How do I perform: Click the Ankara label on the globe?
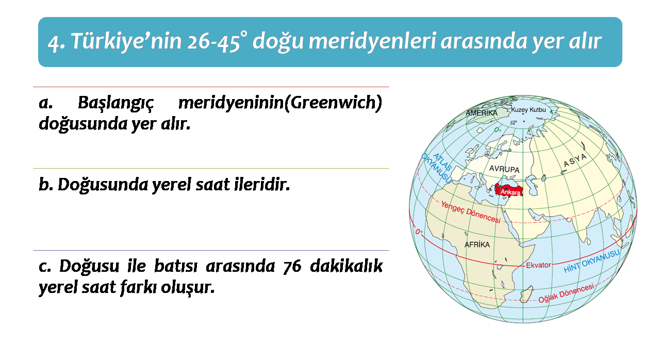[510, 192]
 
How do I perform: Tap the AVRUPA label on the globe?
[504, 169]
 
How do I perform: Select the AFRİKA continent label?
[477, 244]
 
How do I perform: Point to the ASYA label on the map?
[575, 160]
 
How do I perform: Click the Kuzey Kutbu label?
[529, 110]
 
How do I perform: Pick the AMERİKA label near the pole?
[482, 113]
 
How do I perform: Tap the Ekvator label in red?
[538, 265]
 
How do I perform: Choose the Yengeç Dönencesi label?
[471, 212]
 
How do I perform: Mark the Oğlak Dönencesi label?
[566, 293]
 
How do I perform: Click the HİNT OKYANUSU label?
[591, 261]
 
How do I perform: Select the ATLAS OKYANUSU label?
[437, 168]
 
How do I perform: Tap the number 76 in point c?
[292, 266]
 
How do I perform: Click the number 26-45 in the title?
[213, 42]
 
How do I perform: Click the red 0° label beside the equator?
[419, 232]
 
